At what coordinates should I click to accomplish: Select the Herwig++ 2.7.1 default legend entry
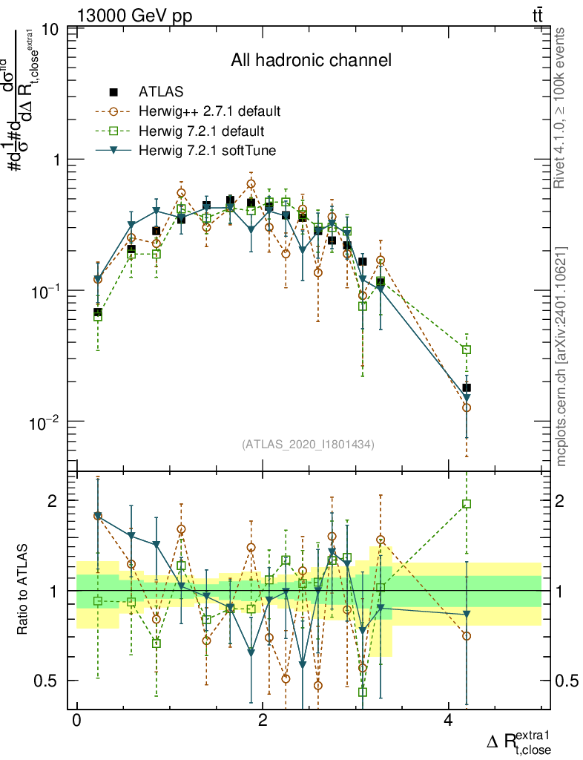[208, 112]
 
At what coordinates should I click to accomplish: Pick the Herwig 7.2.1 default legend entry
[201, 131]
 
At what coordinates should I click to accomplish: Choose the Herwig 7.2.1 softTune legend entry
[207, 151]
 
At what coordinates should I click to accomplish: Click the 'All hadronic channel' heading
[310, 60]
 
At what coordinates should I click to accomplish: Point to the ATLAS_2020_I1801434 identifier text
[308, 445]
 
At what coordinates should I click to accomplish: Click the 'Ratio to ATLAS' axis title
[23, 590]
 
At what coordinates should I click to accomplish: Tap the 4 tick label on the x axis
[448, 721]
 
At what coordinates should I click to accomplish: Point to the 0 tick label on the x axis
[76, 721]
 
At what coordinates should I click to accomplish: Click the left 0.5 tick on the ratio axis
[50, 681]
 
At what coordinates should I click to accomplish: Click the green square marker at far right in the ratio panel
[467, 504]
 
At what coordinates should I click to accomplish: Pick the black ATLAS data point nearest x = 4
[467, 387]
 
